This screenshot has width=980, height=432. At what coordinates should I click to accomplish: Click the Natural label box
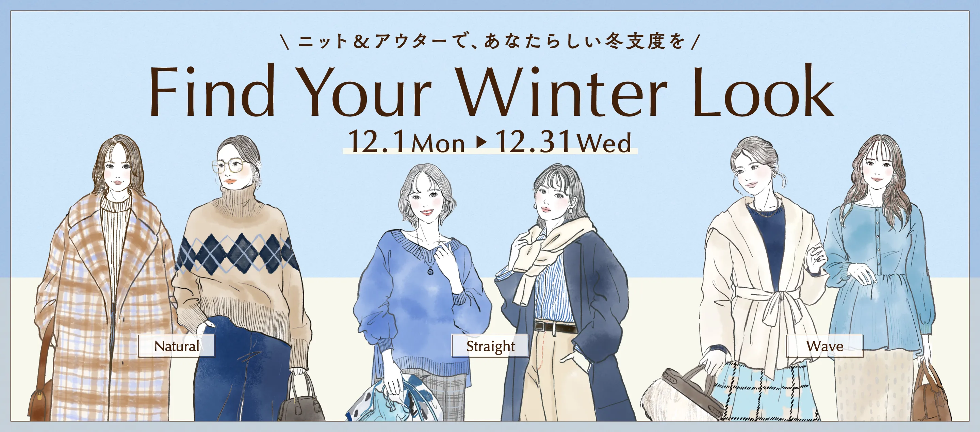click(x=176, y=346)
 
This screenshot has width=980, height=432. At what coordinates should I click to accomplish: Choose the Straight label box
click(x=490, y=346)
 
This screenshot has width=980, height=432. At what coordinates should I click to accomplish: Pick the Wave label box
click(x=825, y=346)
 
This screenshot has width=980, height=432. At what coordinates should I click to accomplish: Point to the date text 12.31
click(x=533, y=141)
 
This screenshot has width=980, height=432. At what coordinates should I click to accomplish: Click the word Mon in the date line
click(x=438, y=144)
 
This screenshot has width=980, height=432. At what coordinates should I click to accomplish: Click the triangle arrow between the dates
click(x=481, y=142)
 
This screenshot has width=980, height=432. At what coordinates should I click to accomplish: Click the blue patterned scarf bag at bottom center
click(x=396, y=400)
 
